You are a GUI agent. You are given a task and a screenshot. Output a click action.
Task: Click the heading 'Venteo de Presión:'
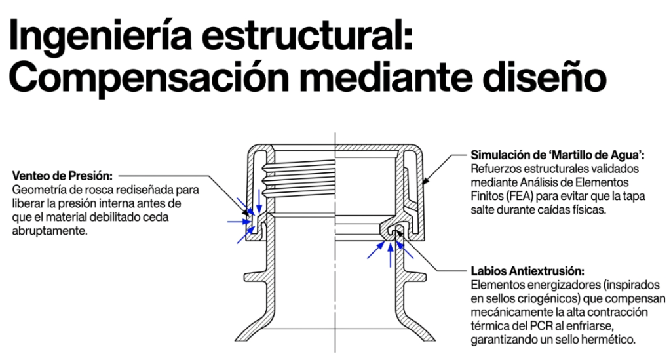(62, 176)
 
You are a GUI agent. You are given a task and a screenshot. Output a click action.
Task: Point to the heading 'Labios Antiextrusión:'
(527, 271)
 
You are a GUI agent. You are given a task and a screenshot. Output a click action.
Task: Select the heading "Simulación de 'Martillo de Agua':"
(558, 155)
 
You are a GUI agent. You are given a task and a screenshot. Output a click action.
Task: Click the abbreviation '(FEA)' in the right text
(519, 197)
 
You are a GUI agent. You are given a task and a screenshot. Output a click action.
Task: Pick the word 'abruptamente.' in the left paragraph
(49, 231)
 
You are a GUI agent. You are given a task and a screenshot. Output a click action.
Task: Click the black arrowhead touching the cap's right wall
(425, 181)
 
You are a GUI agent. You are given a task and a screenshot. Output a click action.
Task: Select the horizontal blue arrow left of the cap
(239, 221)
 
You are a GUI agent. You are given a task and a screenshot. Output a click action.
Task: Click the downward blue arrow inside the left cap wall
(259, 201)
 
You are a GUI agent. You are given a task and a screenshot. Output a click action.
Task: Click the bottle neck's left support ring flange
(256, 277)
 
